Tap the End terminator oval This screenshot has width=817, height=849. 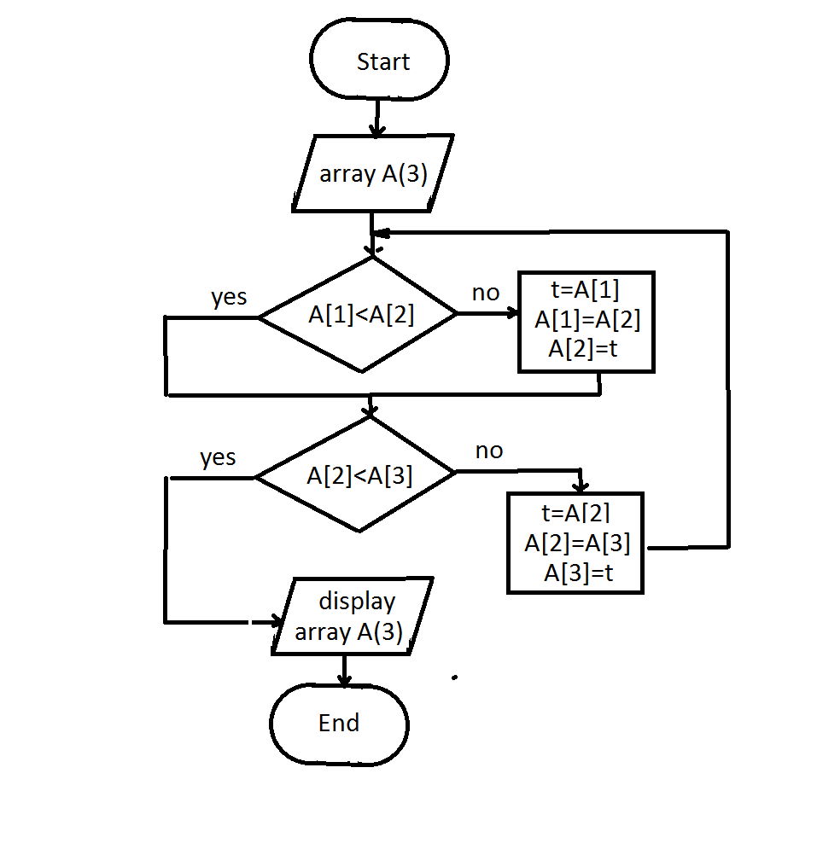(339, 724)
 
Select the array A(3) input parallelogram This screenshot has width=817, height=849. (373, 174)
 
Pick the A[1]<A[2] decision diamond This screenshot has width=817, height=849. (359, 315)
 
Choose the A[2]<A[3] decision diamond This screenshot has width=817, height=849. (358, 475)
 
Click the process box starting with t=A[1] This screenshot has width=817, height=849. (586, 322)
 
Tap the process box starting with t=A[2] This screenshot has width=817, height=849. (575, 543)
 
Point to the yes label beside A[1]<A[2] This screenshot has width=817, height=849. (229, 297)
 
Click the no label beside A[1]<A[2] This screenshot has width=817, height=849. (486, 293)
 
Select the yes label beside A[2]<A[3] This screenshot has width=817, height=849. (218, 457)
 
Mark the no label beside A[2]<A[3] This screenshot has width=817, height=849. (489, 451)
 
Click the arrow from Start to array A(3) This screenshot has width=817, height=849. (376, 117)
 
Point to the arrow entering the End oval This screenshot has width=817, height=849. (344, 670)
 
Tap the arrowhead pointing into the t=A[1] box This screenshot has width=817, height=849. (511, 313)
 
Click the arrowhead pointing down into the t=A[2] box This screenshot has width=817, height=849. (581, 485)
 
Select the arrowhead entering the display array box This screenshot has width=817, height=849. (275, 621)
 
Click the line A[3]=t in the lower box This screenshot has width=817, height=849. (579, 573)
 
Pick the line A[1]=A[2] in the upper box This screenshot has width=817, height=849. (587, 320)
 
